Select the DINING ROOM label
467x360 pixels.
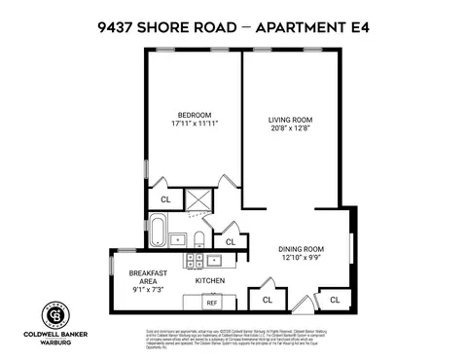pos(301,247)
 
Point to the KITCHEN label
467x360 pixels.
pos(210,280)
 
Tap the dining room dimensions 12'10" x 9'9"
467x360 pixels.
pos(301,257)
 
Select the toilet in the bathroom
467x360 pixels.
pos(198,237)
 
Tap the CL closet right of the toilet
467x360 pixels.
pos(231,242)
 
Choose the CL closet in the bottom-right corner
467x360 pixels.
pos(335,299)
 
